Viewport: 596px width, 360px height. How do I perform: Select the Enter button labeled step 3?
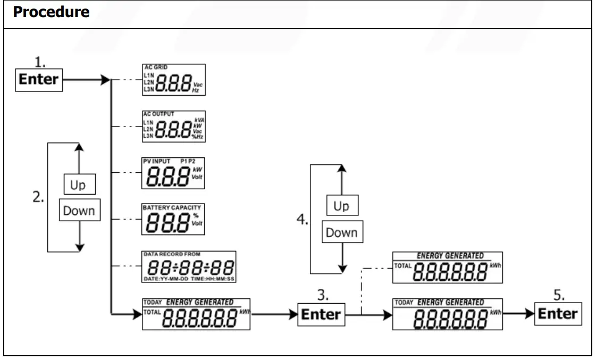(x=321, y=314)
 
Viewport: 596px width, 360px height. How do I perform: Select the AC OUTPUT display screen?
(x=173, y=127)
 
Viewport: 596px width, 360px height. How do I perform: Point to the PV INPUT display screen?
(x=173, y=172)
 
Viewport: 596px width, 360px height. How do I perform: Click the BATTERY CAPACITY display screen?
(x=173, y=219)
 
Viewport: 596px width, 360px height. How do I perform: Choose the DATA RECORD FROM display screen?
(x=189, y=265)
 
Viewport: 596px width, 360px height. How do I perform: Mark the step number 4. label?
(x=302, y=220)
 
